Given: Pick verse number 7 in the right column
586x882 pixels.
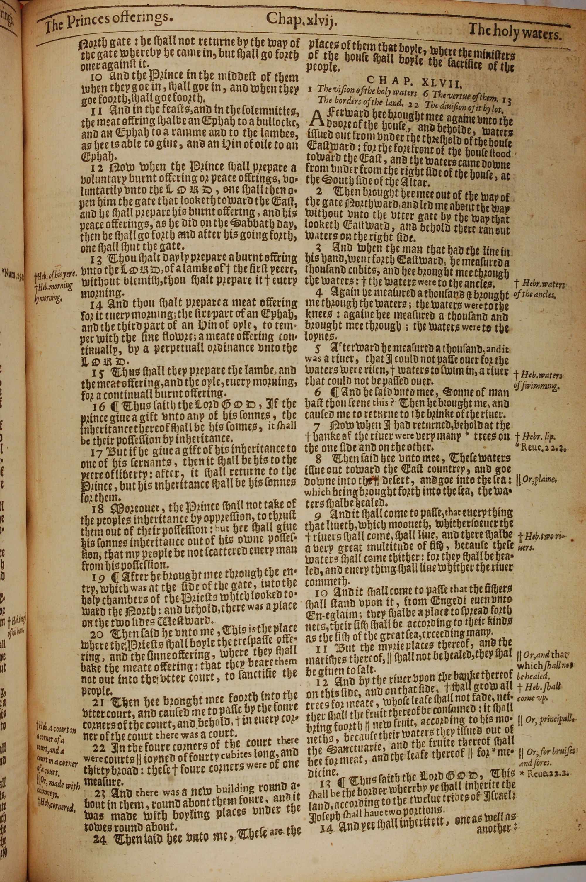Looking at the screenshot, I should [317, 425].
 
